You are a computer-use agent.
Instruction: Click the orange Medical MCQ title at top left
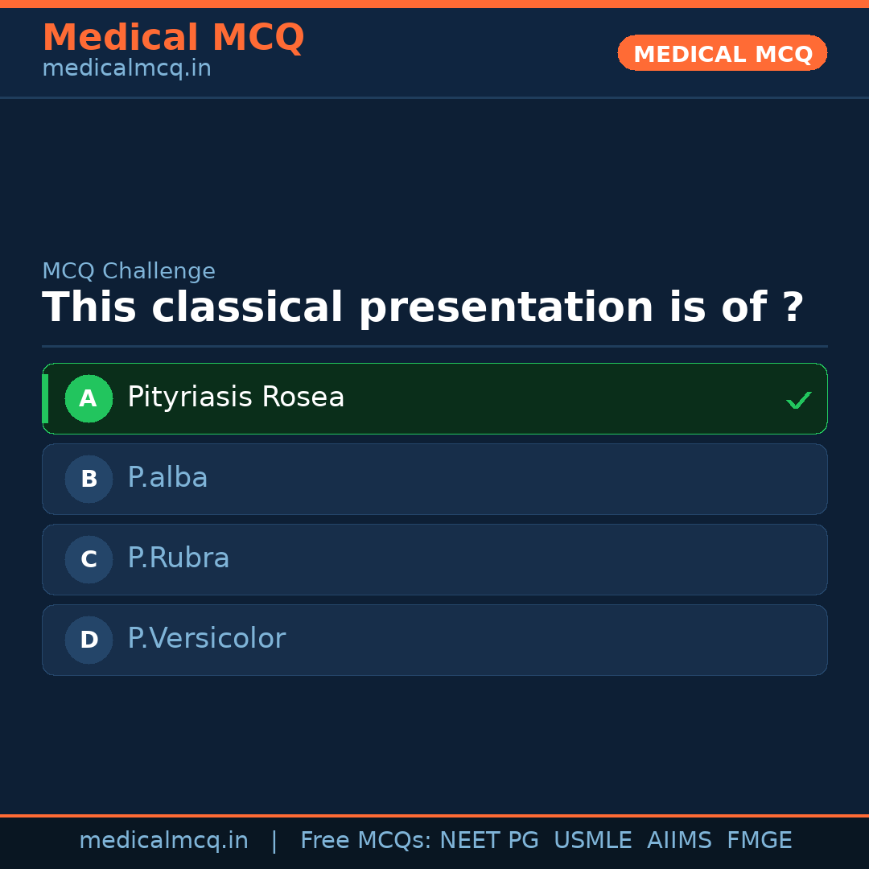pos(173,38)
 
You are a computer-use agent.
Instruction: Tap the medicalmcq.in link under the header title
pos(126,69)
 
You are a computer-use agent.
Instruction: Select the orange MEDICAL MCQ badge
pos(722,54)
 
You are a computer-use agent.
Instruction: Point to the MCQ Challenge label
pos(129,272)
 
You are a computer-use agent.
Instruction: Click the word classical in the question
pos(247,308)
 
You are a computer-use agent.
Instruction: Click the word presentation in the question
pos(506,308)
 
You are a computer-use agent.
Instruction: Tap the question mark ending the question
pos(793,308)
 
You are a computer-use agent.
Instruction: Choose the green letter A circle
pos(89,398)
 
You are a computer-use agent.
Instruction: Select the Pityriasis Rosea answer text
pos(236,397)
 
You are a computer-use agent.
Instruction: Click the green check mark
pos(798,400)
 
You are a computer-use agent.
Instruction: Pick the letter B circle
pos(89,479)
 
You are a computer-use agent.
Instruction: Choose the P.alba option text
pos(167,478)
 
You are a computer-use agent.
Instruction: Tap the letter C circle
pos(89,559)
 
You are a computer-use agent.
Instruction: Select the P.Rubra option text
pos(179,558)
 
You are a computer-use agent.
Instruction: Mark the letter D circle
pos(89,640)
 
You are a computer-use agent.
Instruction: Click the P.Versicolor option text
pos(206,639)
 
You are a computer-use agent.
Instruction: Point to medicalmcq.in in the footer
pos(163,841)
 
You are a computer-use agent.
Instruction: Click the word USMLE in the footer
pos(592,841)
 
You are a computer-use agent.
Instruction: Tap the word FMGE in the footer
pos(759,841)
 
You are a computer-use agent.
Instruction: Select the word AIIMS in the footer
pos(679,841)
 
